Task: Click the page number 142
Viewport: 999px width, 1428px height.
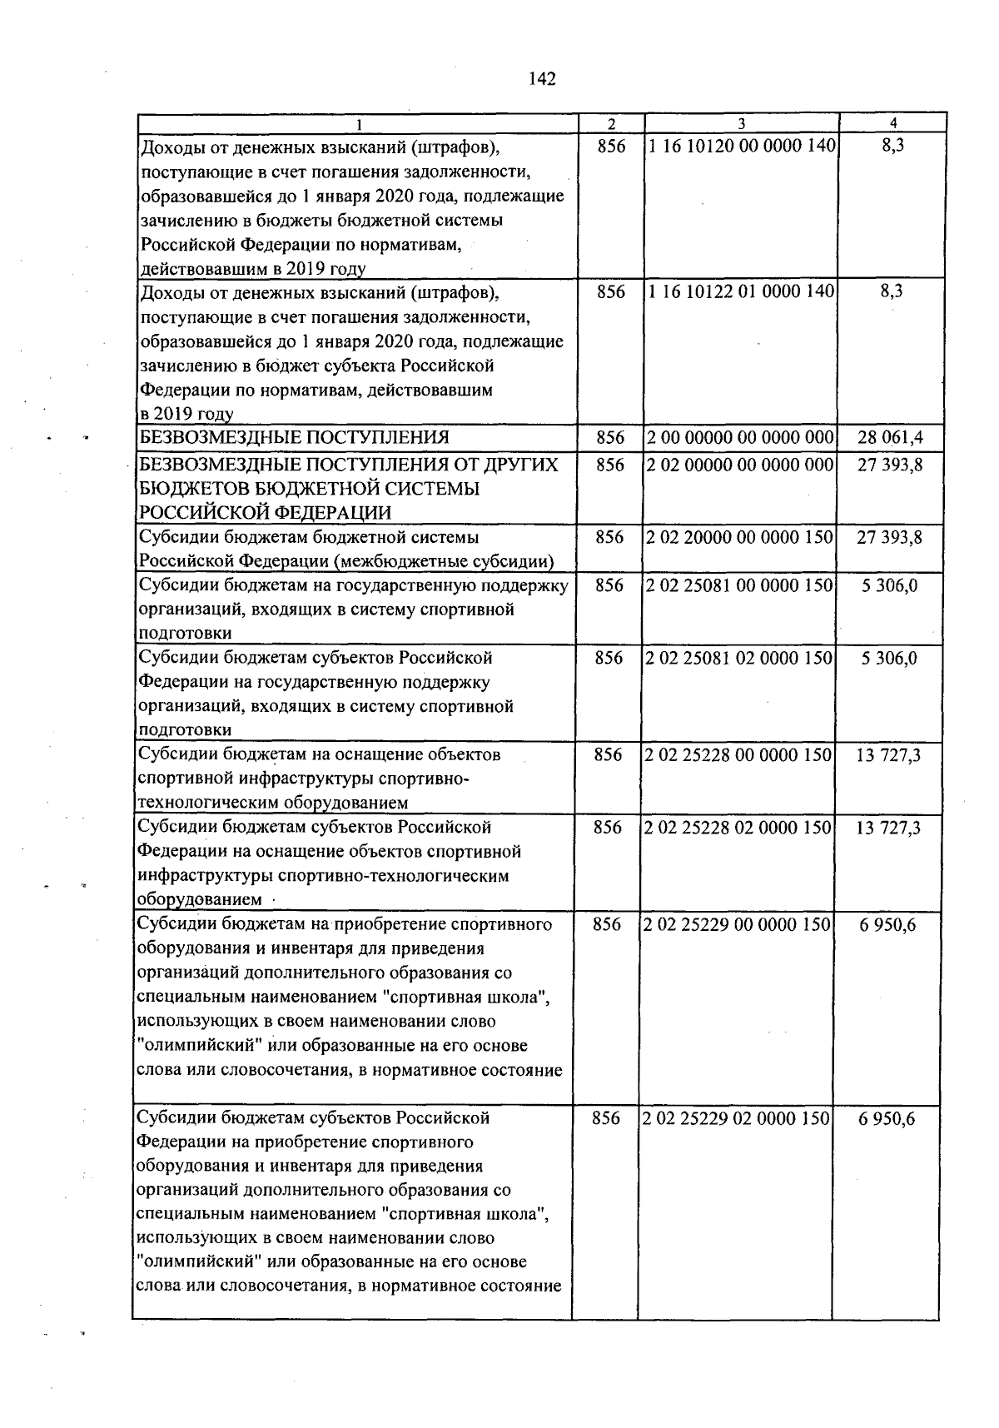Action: point(542,79)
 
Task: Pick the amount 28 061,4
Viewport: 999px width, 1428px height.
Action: point(890,438)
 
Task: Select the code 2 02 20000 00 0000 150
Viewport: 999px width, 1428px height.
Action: point(740,538)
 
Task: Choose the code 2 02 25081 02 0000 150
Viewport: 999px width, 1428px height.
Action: point(739,658)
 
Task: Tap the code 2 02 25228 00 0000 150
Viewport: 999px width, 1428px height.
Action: point(738,755)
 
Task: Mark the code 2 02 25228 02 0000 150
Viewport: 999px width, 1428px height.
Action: point(738,828)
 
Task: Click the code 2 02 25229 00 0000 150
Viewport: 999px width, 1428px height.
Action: point(738,924)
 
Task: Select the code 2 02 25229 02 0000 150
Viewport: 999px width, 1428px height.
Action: point(737,1118)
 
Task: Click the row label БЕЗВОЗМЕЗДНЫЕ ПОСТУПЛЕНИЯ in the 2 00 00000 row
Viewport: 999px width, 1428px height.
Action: point(294,438)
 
